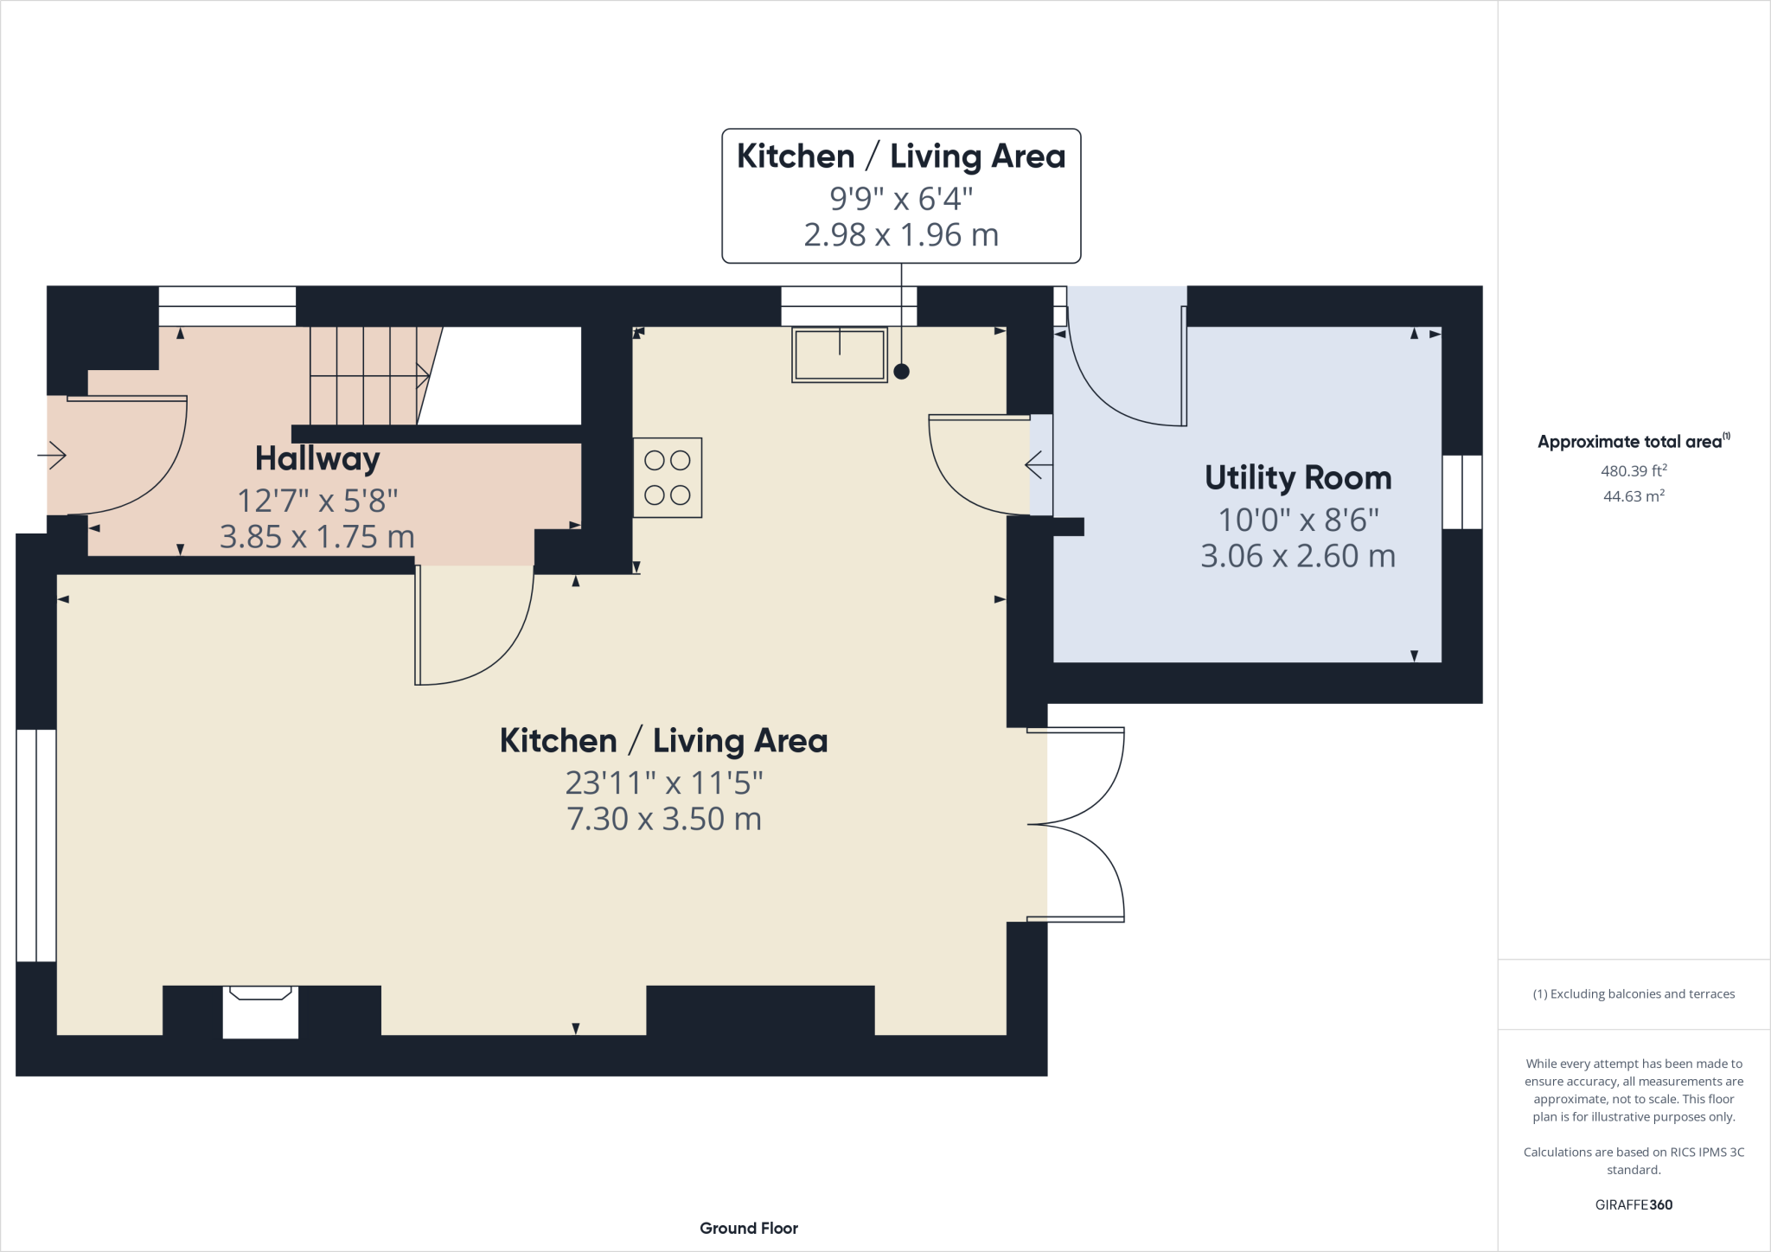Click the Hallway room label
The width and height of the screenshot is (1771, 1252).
pos(317,459)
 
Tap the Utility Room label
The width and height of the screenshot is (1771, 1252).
pos(1298,477)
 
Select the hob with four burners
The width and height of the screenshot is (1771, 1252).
pos(668,477)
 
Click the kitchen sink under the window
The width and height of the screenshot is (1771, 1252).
pos(840,355)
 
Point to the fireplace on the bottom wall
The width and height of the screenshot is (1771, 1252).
pos(260,1012)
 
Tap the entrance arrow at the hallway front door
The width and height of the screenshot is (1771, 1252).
pos(52,455)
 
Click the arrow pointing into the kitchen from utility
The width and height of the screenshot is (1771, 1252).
pos(1039,465)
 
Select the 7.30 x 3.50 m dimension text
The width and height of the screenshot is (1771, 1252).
pos(664,819)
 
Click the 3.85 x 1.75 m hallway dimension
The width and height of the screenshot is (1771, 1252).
pos(317,537)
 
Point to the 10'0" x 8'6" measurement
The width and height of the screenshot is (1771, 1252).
pos(1298,520)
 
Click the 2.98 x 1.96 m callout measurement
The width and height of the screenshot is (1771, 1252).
pos(901,234)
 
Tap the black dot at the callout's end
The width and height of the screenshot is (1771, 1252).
pos(901,372)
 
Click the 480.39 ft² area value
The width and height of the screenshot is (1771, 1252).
pos(1634,470)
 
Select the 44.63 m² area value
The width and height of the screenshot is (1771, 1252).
pos(1634,495)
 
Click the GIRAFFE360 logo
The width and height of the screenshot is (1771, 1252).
pos(1634,1204)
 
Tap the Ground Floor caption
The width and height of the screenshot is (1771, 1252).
pos(749,1228)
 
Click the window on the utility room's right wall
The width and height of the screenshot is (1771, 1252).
pos(1462,492)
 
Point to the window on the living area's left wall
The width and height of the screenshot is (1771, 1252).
pos(36,846)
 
